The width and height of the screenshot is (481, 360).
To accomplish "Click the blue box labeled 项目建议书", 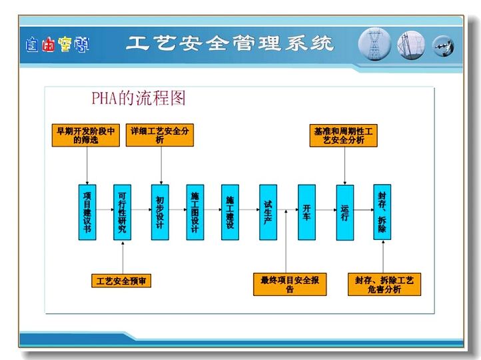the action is (87, 212).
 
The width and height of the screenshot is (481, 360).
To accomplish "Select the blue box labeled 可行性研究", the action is (123, 212).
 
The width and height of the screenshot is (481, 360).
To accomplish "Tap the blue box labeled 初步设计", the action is (160, 212).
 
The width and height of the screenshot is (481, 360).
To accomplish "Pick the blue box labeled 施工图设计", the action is (195, 212).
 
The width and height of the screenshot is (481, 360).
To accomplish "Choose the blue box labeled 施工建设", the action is (230, 212).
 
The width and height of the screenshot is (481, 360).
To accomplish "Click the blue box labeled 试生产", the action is (268, 212).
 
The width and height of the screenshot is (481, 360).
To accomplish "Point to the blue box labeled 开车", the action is (306, 212).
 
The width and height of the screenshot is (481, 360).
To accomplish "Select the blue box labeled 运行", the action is (345, 213).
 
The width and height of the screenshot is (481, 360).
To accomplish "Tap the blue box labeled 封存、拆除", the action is (382, 212).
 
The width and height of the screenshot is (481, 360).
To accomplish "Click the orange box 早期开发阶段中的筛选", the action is (86, 135).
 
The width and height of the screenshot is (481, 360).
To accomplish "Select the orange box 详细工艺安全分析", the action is (160, 135).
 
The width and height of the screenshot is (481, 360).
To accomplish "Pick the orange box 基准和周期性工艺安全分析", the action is (344, 135).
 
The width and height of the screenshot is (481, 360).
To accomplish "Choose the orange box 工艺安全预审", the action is (121, 281).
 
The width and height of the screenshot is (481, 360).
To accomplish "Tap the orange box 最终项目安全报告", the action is (290, 285).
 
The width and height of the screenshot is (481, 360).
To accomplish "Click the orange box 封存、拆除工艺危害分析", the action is (384, 285).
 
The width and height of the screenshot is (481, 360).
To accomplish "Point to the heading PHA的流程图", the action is (139, 98).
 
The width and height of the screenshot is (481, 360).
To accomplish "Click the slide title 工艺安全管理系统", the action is (230, 43).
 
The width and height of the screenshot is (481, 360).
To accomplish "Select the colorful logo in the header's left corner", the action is (58, 45).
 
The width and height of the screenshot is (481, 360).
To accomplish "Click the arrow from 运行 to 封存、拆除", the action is (364, 210).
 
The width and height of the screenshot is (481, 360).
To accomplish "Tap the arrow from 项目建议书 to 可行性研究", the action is (105, 210).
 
